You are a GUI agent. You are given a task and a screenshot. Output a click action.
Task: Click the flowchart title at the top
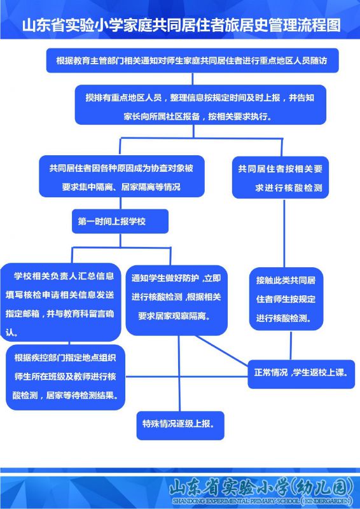181,25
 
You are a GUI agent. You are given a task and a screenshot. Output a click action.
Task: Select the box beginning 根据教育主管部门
193,60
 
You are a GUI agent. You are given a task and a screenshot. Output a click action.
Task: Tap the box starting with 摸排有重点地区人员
200,105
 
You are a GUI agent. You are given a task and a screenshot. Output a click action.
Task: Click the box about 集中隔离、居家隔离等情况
121,176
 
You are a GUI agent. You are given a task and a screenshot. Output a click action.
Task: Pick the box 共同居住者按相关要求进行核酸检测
280,178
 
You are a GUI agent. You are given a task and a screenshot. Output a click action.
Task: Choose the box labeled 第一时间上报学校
120,221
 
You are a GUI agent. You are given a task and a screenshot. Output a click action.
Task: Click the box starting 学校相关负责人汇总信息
60,302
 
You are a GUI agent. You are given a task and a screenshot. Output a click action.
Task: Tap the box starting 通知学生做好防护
176,300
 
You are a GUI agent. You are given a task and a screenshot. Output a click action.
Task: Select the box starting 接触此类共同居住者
286,299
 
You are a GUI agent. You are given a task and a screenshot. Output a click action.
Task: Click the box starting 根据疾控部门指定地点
66,377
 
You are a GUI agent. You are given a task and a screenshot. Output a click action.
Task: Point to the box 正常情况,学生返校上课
301,374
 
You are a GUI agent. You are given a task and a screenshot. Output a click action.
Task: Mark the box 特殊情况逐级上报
180,426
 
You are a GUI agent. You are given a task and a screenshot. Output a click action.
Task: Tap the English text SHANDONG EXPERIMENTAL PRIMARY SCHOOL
235,501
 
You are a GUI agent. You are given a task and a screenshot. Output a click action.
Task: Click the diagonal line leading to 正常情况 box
222,349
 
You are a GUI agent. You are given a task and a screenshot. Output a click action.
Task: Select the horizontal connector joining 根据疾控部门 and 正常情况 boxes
186,377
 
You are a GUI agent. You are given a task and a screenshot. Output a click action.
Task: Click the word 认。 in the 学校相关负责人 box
11,333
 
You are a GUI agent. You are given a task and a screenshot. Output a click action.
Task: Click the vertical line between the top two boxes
193,79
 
